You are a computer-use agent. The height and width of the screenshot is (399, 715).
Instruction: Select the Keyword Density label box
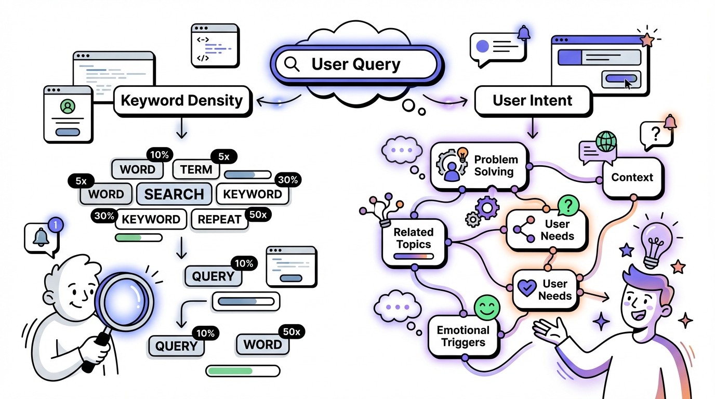(x=182, y=100)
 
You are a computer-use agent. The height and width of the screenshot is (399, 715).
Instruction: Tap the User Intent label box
(x=532, y=100)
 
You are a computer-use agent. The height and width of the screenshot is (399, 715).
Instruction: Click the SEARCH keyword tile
(x=174, y=194)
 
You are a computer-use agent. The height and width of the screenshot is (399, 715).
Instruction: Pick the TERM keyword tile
(x=196, y=169)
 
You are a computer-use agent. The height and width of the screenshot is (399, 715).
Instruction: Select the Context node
(x=631, y=178)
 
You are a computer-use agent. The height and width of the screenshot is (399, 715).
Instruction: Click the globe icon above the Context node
(x=606, y=141)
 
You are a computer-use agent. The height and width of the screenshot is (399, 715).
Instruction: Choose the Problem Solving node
(x=479, y=166)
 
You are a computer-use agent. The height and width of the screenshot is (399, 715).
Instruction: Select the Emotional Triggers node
(x=462, y=336)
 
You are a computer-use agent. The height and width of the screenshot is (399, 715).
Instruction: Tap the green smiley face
(x=486, y=308)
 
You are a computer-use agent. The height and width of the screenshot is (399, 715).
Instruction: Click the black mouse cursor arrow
(x=629, y=84)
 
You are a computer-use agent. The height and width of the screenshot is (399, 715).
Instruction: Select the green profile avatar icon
(x=67, y=107)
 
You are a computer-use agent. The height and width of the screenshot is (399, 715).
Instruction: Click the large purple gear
(x=487, y=208)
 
